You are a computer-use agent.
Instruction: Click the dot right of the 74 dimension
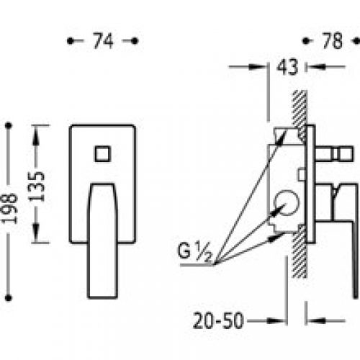click(136, 42)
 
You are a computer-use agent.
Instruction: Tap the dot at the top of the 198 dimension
click(9, 126)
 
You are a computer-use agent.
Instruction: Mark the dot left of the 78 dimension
click(306, 42)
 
